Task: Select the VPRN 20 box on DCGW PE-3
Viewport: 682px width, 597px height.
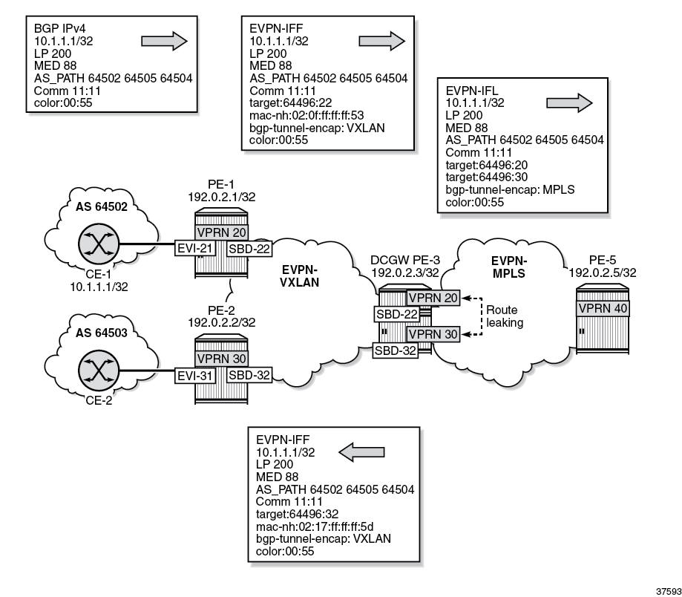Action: pyautogui.click(x=433, y=298)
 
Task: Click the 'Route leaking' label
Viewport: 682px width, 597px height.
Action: pyautogui.click(x=504, y=316)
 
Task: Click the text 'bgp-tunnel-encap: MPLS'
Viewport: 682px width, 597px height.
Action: pyautogui.click(x=510, y=189)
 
